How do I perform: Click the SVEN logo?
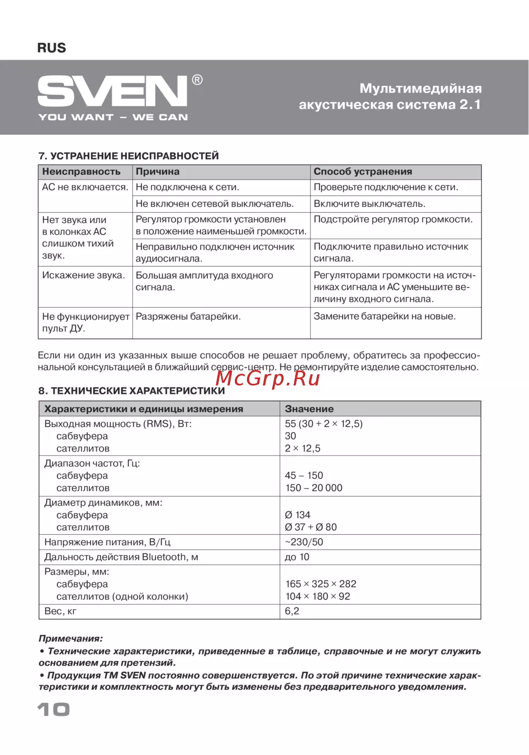pos(112,91)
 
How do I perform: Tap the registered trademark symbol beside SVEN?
pos(197,80)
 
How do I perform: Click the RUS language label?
pos(52,48)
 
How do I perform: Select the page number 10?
pos(53,709)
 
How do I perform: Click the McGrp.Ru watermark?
pos(268,378)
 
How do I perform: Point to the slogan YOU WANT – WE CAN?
pos(113,117)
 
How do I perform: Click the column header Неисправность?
pos(81,172)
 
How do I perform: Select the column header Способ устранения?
pos(363,172)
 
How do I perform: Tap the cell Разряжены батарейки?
pos(188,317)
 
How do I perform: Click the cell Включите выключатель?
pos(369,204)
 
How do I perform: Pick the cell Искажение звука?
pos(84,275)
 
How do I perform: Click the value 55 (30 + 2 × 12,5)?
pos(324,424)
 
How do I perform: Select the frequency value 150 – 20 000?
pos(314,488)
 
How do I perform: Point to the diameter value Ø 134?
pos(297,515)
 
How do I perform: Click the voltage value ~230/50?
pos(304,542)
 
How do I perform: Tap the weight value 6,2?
pos(292,611)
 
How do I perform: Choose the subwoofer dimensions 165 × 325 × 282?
pos(321,584)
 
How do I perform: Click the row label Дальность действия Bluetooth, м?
pos(121,557)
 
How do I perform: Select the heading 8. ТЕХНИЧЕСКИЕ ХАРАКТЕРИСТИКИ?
pos(132,391)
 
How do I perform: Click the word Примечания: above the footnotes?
pos(71,639)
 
